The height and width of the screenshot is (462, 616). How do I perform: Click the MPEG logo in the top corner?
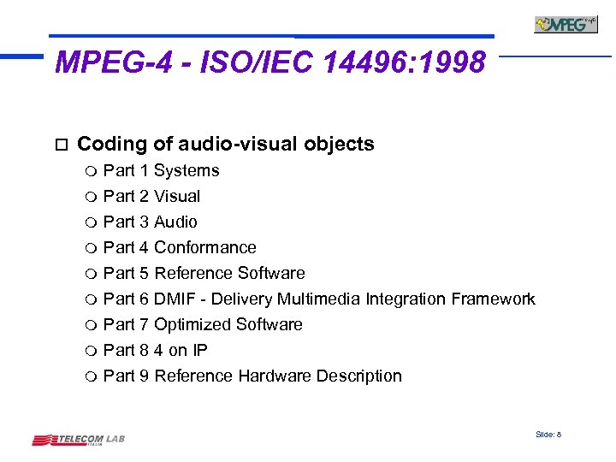tap(566, 24)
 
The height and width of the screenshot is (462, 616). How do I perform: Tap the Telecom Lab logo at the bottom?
tap(79, 440)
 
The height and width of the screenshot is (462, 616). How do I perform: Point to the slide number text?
tap(548, 435)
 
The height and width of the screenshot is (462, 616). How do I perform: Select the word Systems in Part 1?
tap(187, 171)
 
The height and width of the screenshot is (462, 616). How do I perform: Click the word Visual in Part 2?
tap(177, 197)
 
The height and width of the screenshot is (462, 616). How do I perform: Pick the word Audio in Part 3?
tap(175, 222)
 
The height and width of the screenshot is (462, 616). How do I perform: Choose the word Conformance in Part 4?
tap(205, 248)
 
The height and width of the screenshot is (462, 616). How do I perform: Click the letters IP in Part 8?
tap(199, 351)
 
